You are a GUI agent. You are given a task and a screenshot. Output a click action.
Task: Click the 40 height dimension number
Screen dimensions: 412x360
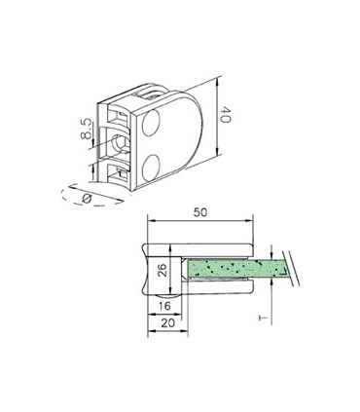pyautogui.click(x=225, y=116)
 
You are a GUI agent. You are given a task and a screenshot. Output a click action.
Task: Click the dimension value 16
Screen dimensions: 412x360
pyautogui.click(x=166, y=305)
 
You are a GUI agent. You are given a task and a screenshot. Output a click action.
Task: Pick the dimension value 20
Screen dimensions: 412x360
pyautogui.click(x=166, y=322)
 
